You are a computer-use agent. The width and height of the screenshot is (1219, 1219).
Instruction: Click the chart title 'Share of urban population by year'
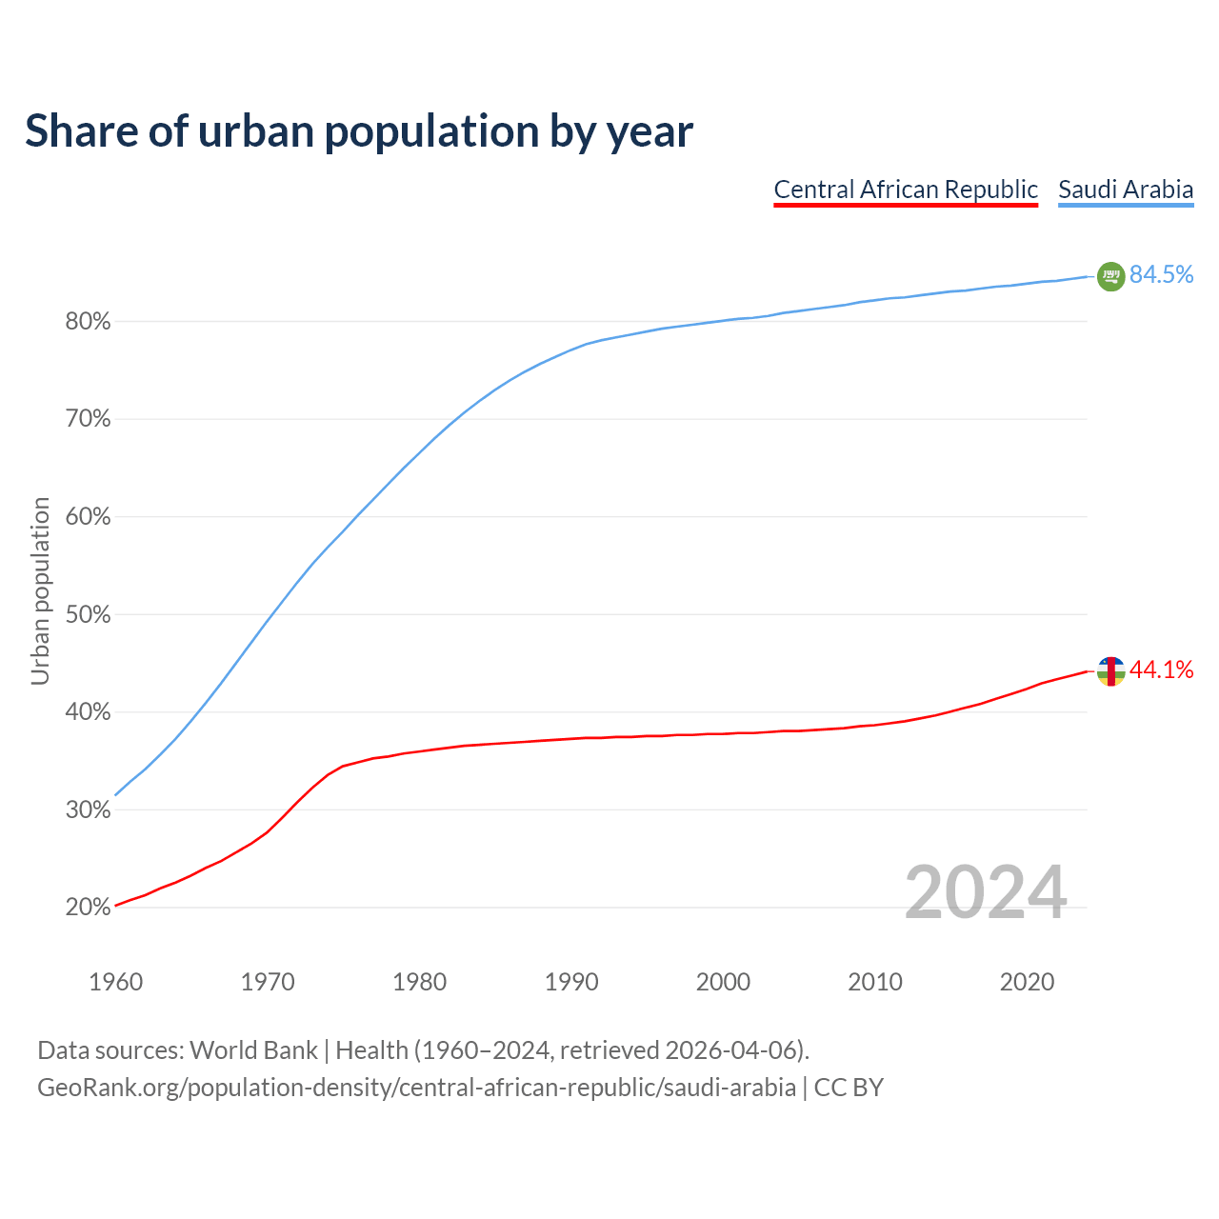pyautogui.click(x=359, y=131)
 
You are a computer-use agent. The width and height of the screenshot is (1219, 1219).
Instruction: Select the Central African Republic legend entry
pyautogui.click(x=905, y=190)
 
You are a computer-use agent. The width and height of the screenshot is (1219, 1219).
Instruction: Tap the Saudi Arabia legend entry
pyautogui.click(x=1126, y=190)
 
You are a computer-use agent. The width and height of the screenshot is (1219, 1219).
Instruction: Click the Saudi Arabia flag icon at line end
pyautogui.click(x=1110, y=276)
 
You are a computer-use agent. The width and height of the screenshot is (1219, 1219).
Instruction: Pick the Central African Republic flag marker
pyautogui.click(x=1110, y=671)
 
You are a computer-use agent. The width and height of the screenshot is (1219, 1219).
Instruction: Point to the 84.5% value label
pyautogui.click(x=1161, y=275)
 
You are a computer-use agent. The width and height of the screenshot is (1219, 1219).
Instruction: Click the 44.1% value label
pyautogui.click(x=1161, y=670)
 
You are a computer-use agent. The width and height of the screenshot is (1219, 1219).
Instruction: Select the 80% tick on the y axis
pyautogui.click(x=88, y=322)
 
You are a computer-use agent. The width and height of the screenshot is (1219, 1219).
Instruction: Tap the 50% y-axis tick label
pyautogui.click(x=88, y=615)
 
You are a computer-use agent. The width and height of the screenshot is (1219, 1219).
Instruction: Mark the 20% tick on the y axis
pyautogui.click(x=88, y=908)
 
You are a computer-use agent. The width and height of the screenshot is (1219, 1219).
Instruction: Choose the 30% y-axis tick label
pyautogui.click(x=88, y=810)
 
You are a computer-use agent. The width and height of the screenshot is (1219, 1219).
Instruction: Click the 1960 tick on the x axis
pyautogui.click(x=115, y=982)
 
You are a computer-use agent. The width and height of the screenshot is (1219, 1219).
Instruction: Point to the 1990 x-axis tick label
pyautogui.click(x=571, y=982)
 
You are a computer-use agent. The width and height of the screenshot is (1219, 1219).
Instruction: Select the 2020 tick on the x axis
pyautogui.click(x=1027, y=982)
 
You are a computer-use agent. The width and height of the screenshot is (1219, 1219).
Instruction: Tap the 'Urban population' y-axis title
pyautogui.click(x=40, y=590)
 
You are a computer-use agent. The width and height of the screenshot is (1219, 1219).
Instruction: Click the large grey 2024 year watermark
pyautogui.click(x=985, y=893)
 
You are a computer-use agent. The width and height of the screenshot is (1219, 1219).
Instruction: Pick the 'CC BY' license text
pyautogui.click(x=849, y=1088)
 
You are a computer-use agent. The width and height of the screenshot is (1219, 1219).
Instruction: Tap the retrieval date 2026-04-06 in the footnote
pyautogui.click(x=729, y=1050)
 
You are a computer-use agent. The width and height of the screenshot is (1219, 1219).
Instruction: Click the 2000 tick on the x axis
pyautogui.click(x=723, y=982)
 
